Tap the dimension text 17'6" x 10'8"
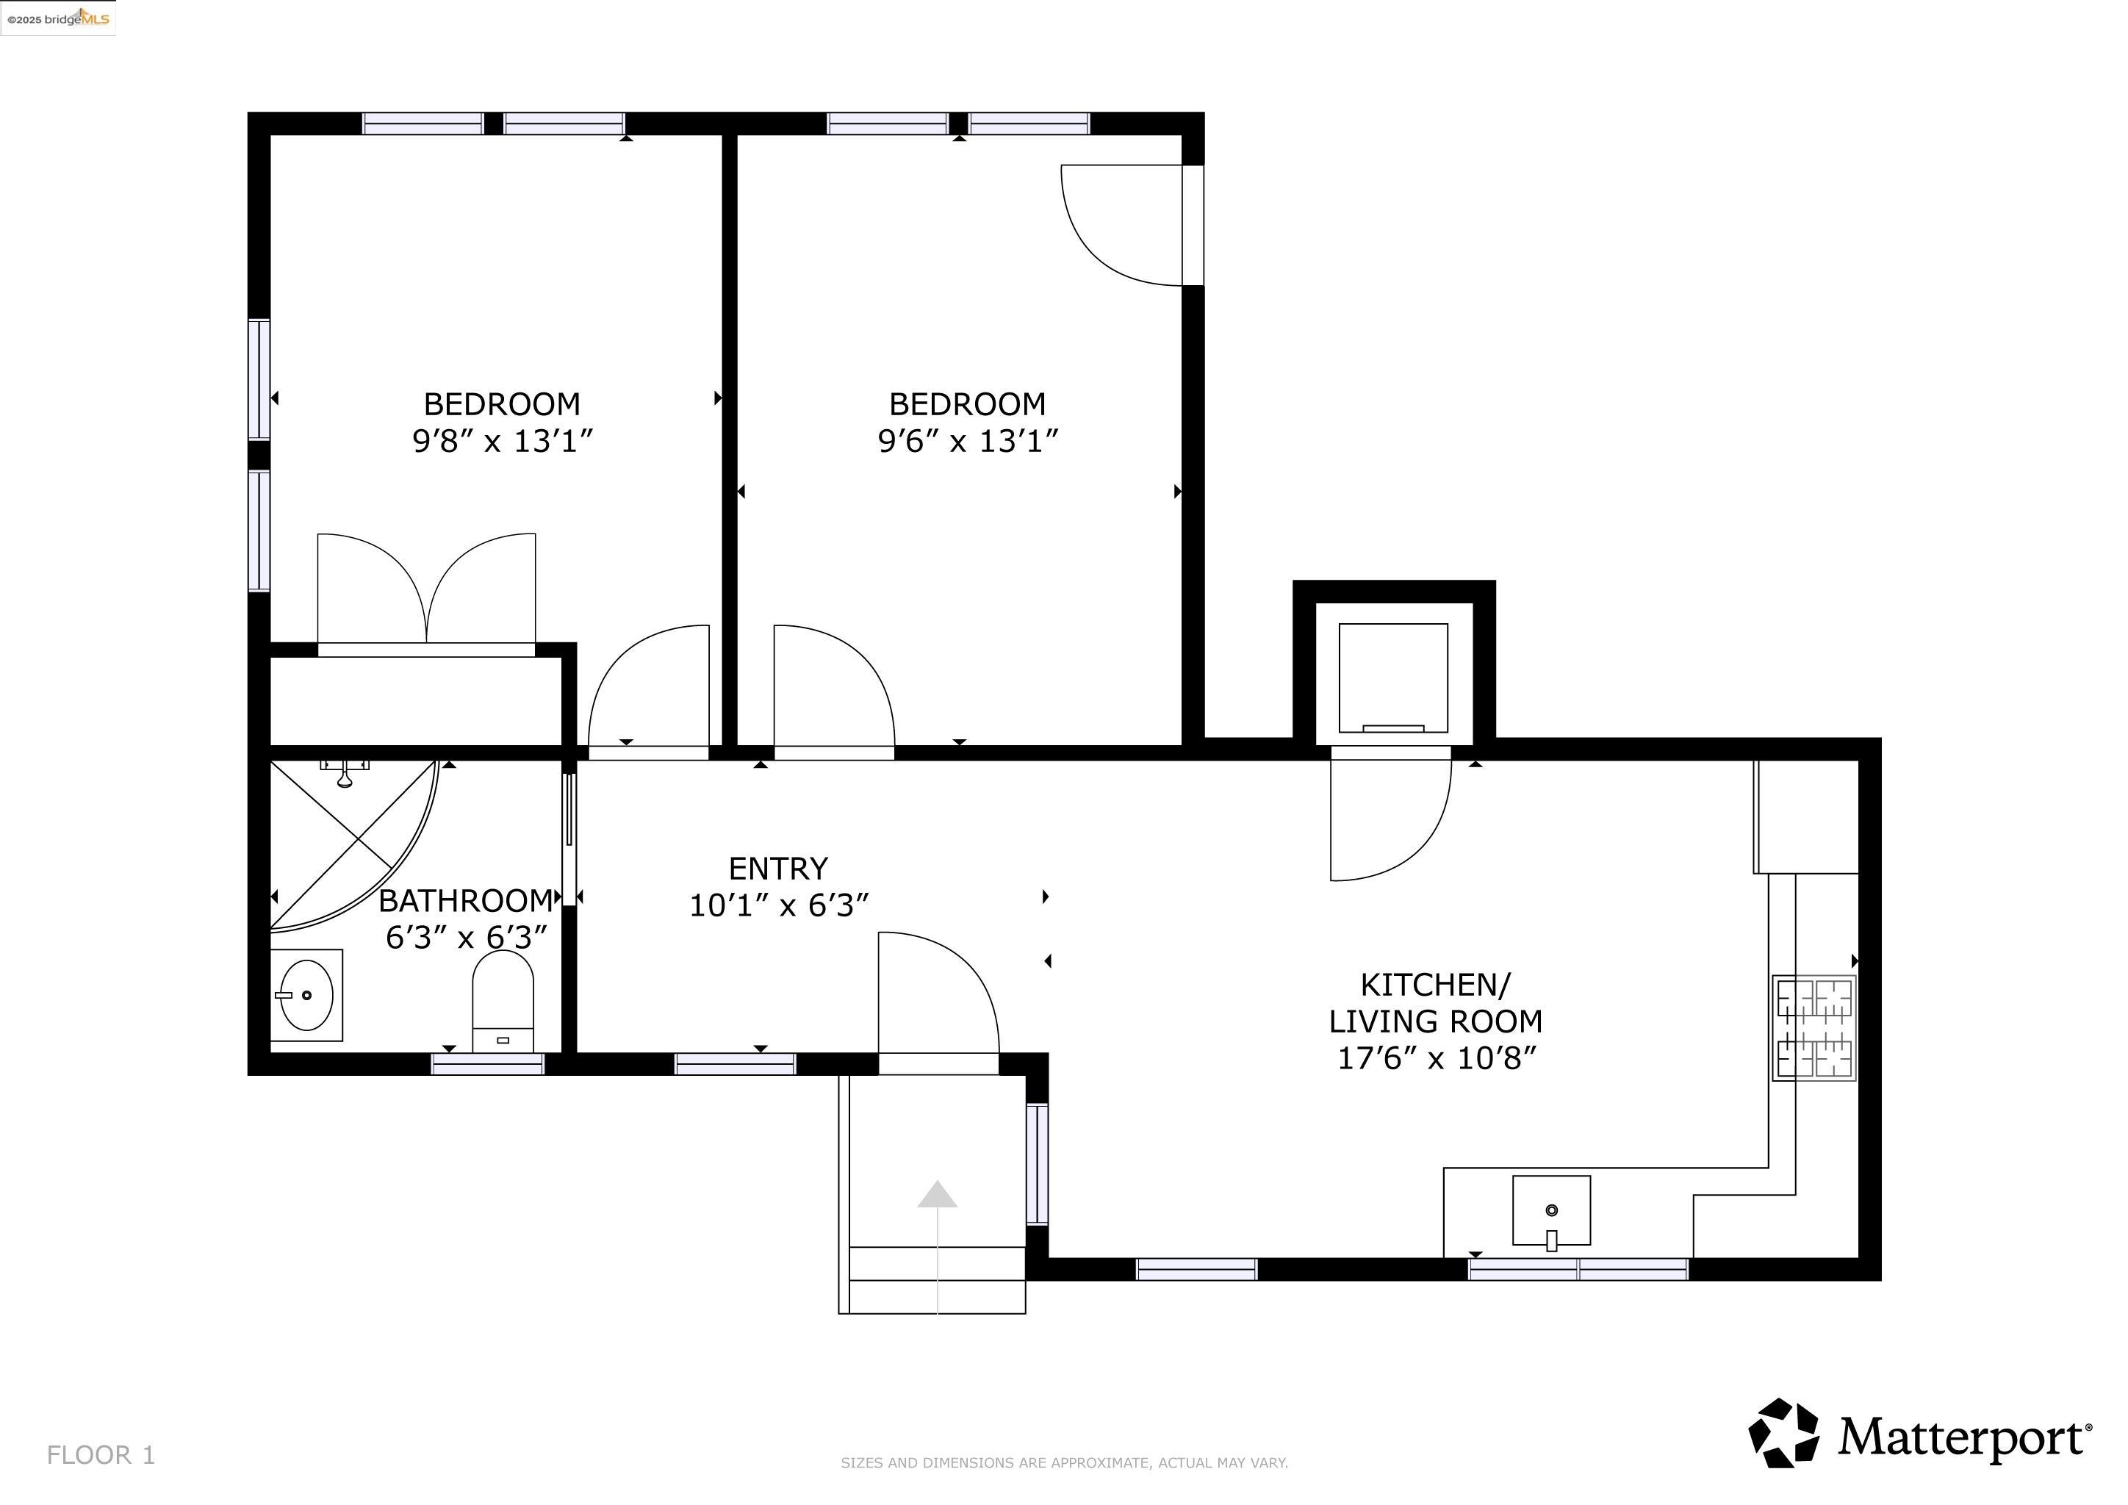[1436, 1058]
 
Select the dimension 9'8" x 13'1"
[503, 441]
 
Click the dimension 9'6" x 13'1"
[968, 441]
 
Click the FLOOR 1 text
[101, 1455]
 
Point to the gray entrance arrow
[937, 1196]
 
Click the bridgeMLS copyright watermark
[57, 18]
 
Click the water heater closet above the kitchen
[1393, 677]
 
